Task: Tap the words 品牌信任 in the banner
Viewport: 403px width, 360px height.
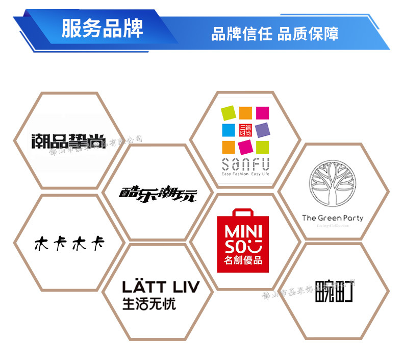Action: coord(242,34)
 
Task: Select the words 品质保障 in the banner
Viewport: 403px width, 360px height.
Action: coord(308,34)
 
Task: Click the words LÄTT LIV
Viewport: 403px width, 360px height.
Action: coord(160,286)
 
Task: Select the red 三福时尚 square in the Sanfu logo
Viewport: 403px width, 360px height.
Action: coord(245,130)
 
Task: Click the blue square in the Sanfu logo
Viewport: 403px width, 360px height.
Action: coord(229,130)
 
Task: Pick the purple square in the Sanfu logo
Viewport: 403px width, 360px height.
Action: coord(262,130)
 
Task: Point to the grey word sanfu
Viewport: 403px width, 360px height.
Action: coord(245,164)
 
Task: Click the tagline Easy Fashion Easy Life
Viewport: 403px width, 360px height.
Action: coord(245,174)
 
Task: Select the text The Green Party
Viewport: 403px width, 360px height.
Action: coord(333,218)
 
